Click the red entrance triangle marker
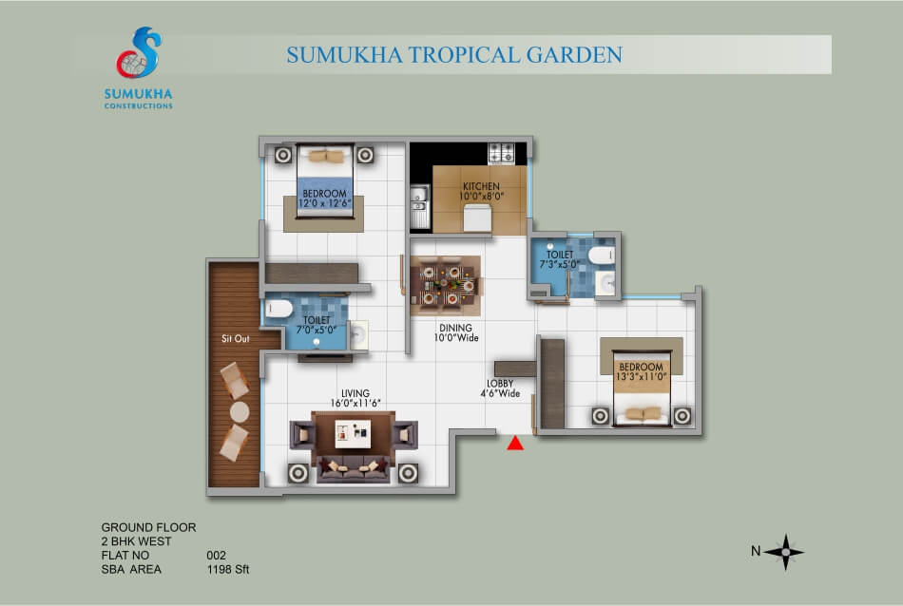pos(515,444)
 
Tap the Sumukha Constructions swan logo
pos(139,52)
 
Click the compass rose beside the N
pos(784,552)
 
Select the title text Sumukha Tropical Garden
pos(454,55)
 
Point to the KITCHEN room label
pos(481,186)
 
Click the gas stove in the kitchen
pos(501,153)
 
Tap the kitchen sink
pos(419,199)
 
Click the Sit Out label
pos(236,338)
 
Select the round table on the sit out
pos(240,412)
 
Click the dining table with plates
pos(445,284)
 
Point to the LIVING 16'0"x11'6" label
pos(355,398)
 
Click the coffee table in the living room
pos(353,433)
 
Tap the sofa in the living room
pos(353,468)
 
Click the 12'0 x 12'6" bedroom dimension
pos(325,203)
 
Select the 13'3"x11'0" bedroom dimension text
pos(641,376)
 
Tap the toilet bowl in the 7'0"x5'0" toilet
pos(279,309)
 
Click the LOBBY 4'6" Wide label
pos(500,388)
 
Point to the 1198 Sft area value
pos(228,569)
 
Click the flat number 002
pos(216,556)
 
